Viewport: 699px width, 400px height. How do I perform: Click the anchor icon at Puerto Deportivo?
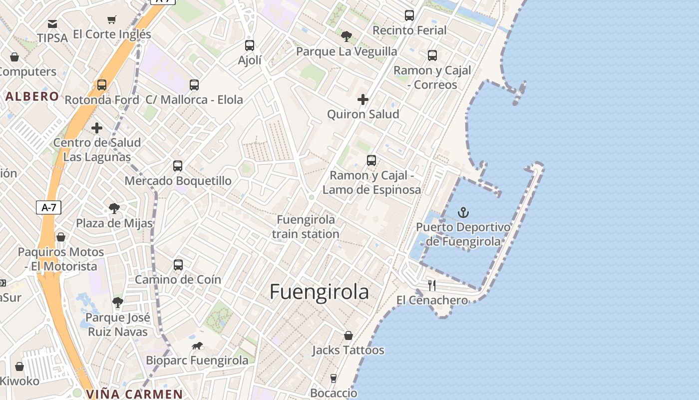463,212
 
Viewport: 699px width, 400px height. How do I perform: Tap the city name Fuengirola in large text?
320,292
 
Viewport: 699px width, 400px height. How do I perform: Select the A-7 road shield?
48,207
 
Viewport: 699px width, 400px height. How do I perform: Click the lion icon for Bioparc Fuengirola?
197,346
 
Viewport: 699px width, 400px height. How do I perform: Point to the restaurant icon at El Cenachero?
432,285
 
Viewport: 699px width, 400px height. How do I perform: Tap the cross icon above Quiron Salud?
363,99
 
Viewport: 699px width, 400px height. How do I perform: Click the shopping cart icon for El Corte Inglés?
112,20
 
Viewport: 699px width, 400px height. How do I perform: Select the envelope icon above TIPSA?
52,23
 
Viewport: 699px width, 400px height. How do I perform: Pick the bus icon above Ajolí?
250,45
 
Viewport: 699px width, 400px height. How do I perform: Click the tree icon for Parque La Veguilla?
346,36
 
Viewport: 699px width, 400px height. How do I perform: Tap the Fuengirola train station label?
306,226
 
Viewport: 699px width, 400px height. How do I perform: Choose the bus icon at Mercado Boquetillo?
178,166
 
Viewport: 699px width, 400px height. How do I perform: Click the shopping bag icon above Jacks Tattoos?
349,335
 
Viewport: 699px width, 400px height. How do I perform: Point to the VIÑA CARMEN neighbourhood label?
134,394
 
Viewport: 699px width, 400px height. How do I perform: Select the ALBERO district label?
32,96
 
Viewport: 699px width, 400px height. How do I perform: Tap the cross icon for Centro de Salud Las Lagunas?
97,128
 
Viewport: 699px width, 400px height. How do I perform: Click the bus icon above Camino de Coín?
178,265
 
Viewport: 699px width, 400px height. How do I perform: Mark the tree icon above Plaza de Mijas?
114,208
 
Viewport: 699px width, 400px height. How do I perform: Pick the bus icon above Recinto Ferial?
409,15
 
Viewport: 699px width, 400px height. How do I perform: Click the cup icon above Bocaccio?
334,378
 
